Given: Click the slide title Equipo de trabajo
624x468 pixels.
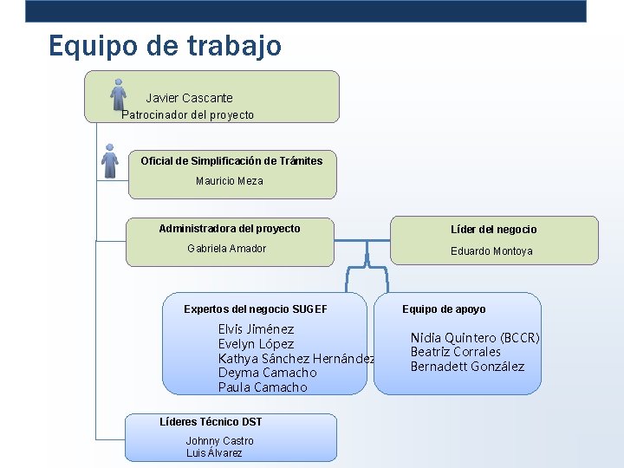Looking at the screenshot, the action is (x=165, y=45).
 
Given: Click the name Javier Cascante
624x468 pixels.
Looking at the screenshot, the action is (x=189, y=98).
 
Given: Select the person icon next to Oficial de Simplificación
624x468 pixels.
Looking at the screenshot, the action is (x=109, y=160).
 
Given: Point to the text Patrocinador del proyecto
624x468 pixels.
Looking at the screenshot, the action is (x=188, y=115).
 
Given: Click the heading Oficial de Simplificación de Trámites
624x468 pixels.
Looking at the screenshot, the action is (x=231, y=160).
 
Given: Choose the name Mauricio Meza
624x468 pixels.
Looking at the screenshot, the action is (x=229, y=181).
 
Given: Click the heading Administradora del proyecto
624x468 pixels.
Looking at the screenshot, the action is (x=230, y=229).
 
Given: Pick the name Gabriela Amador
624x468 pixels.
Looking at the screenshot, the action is (x=227, y=249).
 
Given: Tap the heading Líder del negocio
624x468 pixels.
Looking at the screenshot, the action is (x=493, y=230).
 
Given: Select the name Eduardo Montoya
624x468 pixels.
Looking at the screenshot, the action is (x=491, y=251).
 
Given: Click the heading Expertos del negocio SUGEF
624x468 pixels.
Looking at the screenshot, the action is (x=256, y=309).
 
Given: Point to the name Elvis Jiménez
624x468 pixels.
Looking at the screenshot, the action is (x=256, y=329).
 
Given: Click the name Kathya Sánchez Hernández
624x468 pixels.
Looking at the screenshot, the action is (x=296, y=359).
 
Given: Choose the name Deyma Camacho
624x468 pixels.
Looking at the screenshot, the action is (x=267, y=373).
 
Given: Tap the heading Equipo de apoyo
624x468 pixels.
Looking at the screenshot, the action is (x=444, y=309).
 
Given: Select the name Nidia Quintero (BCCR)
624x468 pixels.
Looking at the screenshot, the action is (x=475, y=338).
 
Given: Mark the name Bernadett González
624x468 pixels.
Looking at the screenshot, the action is (x=467, y=367).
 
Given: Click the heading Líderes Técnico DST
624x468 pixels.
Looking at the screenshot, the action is (x=211, y=422).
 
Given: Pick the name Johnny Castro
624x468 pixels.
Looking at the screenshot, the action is (x=220, y=441).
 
